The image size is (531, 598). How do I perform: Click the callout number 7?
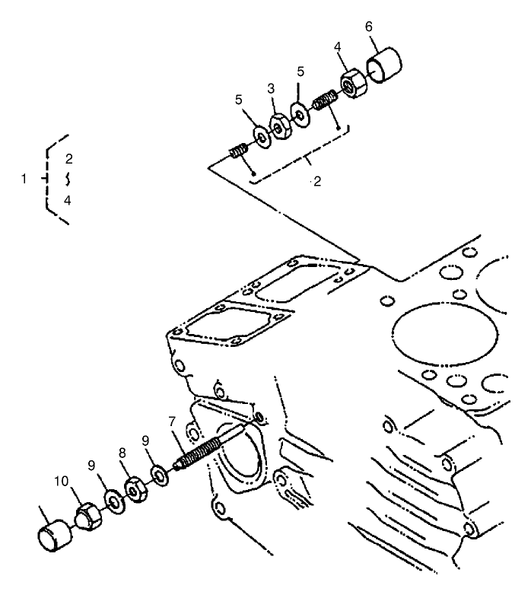coord(172,420)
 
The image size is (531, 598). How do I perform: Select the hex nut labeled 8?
coord(137,491)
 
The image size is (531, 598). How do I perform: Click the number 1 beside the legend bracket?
coord(24,179)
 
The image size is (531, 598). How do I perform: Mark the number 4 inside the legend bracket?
coord(68,200)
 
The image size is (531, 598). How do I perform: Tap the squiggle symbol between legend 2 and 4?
coord(68,180)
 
